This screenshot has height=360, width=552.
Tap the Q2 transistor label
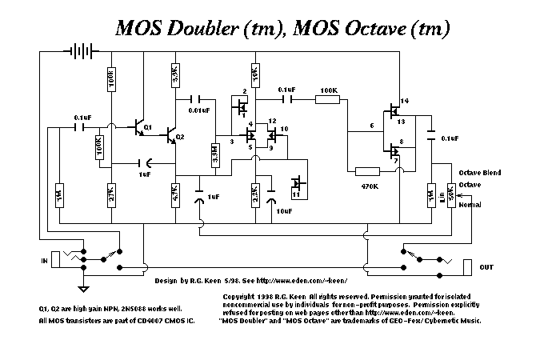(x=181, y=138)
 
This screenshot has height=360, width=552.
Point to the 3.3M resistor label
(x=214, y=155)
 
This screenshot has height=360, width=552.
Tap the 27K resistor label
(x=111, y=194)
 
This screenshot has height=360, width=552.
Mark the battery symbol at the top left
(x=78, y=50)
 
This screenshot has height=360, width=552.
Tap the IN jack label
(x=44, y=261)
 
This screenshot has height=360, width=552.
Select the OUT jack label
(x=486, y=266)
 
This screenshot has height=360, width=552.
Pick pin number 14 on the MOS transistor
(x=404, y=101)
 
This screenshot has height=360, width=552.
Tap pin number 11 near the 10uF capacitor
(x=296, y=194)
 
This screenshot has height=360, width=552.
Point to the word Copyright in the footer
(x=241, y=296)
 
